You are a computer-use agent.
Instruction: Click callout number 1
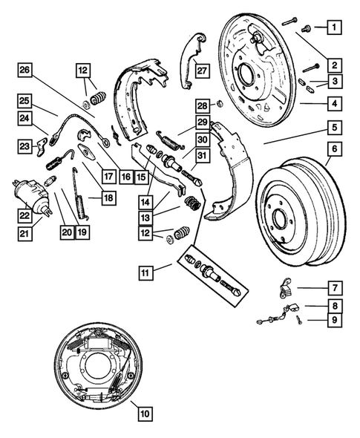pos(334,29)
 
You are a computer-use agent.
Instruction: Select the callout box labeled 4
pos(334,103)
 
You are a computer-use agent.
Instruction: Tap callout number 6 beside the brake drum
pos(334,149)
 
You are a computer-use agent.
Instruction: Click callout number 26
pos(24,71)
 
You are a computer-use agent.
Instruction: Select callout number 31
pos(202,154)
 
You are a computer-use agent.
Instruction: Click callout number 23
pos(24,146)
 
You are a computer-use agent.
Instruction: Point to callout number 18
pos(88,198)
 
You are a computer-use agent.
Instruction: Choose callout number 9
pos(334,320)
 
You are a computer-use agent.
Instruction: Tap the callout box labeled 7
pos(334,287)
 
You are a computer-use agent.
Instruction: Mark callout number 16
pos(125,177)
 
